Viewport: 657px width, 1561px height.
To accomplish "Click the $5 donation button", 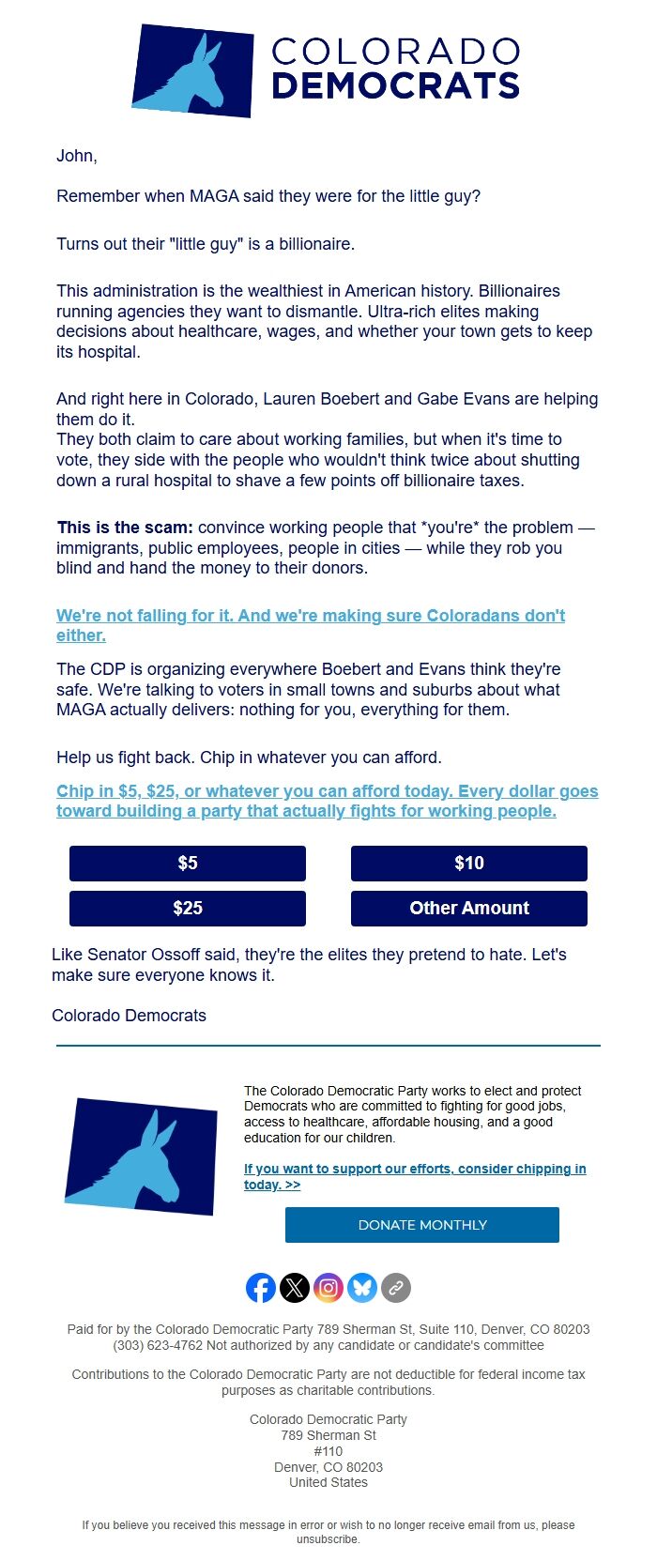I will [188, 863].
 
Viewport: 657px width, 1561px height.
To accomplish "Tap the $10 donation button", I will [469, 863].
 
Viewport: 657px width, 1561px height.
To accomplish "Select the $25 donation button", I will [188, 908].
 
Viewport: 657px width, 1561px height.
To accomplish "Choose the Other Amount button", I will [469, 908].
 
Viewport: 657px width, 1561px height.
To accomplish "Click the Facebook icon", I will [261, 1287].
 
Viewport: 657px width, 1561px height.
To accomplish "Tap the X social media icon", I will [295, 1287].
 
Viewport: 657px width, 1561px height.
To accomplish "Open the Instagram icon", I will [328, 1287].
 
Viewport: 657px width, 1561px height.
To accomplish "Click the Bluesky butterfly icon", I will [362, 1287].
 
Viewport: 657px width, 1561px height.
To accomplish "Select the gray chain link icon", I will [396, 1287].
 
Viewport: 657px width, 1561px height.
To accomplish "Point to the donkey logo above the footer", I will [142, 1156].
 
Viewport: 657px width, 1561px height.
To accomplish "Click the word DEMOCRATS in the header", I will [395, 86].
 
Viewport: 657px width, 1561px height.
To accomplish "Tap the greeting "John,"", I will [77, 156].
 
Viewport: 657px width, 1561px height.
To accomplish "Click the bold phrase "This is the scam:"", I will [125, 528].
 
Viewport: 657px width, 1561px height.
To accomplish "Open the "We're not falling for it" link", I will [310, 616].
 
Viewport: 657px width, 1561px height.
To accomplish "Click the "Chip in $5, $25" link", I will [327, 791].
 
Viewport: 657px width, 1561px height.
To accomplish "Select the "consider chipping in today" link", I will [415, 1169].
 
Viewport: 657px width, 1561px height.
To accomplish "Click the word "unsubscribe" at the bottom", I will [328, 1539].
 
